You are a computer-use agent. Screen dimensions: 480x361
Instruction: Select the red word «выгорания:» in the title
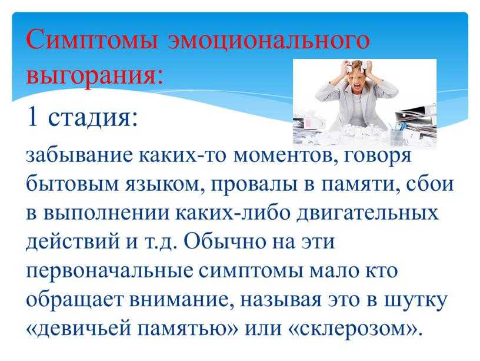[95, 74]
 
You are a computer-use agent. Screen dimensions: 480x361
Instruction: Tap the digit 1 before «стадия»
[33, 117]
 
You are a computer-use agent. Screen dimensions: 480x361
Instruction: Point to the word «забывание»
[79, 155]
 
